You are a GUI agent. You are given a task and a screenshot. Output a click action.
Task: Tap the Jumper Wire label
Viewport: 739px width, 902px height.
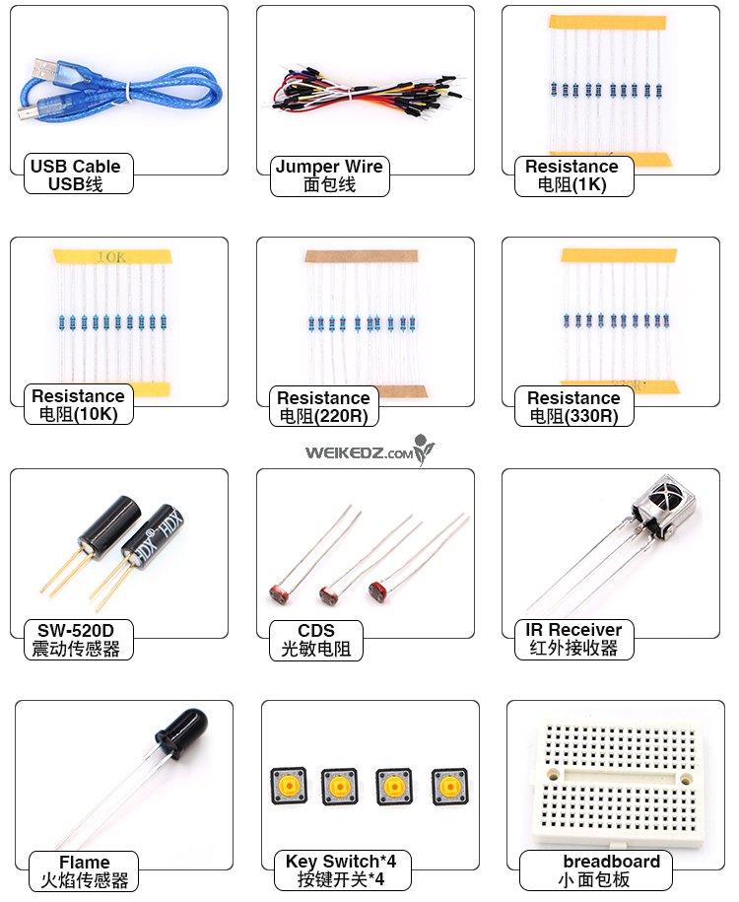pos(329,175)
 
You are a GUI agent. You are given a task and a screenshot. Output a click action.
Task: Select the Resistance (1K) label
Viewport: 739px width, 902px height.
pos(573,175)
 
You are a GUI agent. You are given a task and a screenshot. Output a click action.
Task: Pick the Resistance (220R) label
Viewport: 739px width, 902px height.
pos(324,406)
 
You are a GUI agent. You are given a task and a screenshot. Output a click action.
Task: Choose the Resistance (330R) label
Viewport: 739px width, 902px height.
pos(573,406)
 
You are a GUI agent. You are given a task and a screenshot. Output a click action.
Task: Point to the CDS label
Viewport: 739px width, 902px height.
pos(315,640)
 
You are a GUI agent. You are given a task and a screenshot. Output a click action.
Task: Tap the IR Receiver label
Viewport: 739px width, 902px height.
pos(573,639)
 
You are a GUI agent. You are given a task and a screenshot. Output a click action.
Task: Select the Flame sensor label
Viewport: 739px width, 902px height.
pos(84,870)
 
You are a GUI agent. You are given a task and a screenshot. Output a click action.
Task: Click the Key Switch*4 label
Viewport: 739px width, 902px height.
pos(341,869)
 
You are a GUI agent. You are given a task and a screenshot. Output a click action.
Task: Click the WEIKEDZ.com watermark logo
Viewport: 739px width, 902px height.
pos(369,451)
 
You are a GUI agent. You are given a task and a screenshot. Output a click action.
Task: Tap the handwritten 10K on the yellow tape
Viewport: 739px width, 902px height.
pos(111,256)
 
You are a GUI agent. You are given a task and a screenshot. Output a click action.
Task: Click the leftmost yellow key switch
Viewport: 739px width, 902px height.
pos(288,786)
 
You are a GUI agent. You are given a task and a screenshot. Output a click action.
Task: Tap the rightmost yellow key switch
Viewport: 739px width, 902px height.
pos(449,786)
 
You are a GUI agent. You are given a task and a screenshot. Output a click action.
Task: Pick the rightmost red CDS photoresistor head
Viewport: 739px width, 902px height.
pos(377,591)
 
